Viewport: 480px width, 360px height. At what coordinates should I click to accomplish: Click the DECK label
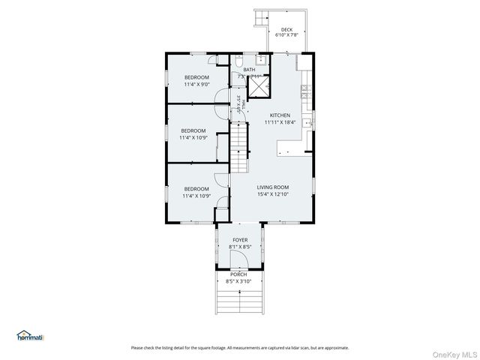click(x=286, y=30)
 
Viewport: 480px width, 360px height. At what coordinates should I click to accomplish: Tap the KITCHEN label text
click(x=280, y=115)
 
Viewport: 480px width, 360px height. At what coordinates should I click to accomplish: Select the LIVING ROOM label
click(x=272, y=187)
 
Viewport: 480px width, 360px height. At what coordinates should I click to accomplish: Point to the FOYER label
click(x=239, y=240)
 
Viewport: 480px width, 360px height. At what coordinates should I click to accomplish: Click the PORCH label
click(x=238, y=274)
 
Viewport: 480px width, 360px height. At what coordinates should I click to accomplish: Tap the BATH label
click(x=249, y=70)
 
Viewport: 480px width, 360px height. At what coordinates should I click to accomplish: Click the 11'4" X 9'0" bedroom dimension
click(x=196, y=85)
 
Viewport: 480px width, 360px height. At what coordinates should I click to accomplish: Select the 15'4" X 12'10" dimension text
click(x=272, y=195)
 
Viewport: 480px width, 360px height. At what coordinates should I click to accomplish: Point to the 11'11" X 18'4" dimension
click(x=280, y=122)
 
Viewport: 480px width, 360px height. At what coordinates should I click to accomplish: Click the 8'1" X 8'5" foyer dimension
click(x=239, y=247)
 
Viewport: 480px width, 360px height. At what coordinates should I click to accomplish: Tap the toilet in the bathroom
click(x=238, y=60)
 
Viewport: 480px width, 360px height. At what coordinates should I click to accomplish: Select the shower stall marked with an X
click(x=259, y=88)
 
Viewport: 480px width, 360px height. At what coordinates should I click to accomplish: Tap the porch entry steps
click(x=238, y=300)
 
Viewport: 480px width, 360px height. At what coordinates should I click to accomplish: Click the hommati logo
click(x=31, y=336)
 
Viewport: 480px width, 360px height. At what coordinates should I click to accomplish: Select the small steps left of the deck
click(x=262, y=16)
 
